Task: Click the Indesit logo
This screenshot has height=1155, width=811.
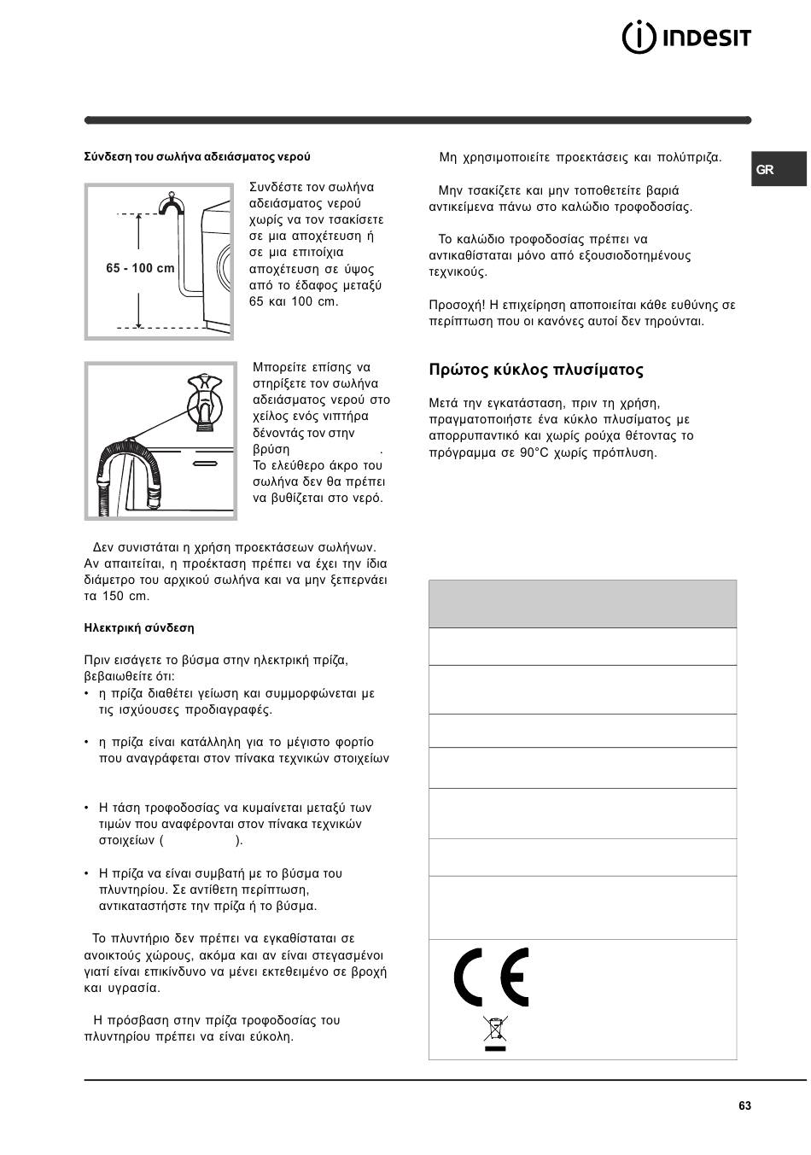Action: [687, 37]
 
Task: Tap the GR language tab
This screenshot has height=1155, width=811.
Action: [766, 169]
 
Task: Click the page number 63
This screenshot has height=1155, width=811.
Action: [745, 1105]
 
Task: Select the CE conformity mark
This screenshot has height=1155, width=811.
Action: [491, 977]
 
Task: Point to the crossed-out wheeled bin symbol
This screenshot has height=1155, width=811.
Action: [494, 1030]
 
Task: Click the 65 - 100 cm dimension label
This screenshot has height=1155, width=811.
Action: [140, 268]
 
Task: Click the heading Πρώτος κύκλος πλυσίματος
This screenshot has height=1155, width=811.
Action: [536, 370]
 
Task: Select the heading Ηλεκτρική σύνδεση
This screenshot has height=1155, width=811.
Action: [139, 627]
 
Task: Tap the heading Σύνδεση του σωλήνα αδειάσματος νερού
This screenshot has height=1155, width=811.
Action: [197, 157]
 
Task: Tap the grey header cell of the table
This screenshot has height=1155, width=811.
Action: [582, 604]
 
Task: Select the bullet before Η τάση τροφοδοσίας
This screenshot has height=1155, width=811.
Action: [87, 808]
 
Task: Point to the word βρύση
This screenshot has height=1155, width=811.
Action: [271, 449]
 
